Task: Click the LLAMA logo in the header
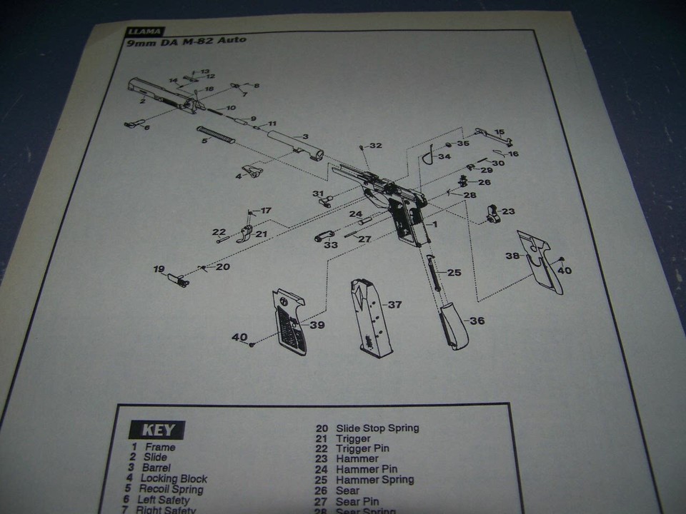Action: pyautogui.click(x=145, y=31)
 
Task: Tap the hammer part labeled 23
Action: pyautogui.click(x=492, y=213)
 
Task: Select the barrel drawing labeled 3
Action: pyautogui.click(x=294, y=142)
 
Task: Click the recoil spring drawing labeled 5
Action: pyautogui.click(x=216, y=134)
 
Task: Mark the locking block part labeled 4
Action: pyautogui.click(x=251, y=171)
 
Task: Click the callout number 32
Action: pyautogui.click(x=375, y=146)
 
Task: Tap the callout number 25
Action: pyautogui.click(x=454, y=273)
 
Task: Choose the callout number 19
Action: pyautogui.click(x=159, y=268)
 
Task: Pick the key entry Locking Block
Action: pyautogui.click(x=174, y=478)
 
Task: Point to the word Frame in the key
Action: pyautogui.click(x=159, y=447)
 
